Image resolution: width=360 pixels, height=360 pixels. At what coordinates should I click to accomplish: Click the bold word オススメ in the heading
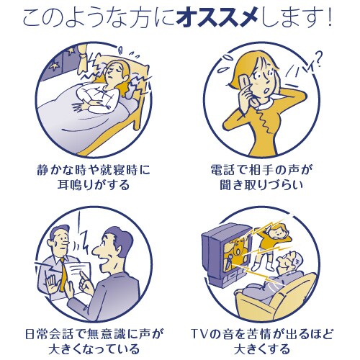click(x=217, y=19)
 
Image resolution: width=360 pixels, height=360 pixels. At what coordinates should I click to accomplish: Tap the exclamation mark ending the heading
click(x=330, y=18)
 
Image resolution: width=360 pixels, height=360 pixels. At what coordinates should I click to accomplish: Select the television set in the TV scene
click(x=226, y=254)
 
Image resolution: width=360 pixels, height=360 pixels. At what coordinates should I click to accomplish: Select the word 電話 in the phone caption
click(x=225, y=170)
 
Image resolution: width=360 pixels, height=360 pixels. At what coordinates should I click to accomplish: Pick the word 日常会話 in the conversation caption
click(x=51, y=334)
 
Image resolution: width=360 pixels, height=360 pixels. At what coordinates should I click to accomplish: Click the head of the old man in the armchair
click(x=291, y=261)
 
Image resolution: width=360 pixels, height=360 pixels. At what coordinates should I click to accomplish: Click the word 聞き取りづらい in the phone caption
click(x=261, y=185)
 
